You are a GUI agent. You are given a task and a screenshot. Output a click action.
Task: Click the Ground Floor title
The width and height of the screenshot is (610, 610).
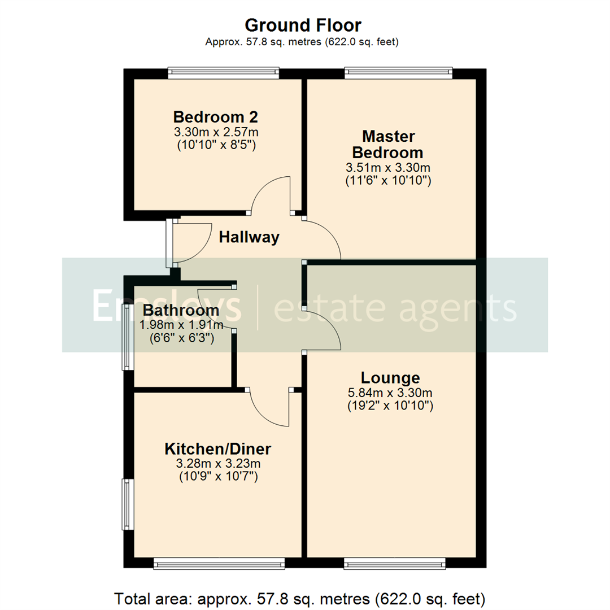click(x=303, y=25)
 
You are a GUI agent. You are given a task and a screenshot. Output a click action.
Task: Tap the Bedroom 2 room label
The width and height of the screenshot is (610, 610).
click(x=216, y=117)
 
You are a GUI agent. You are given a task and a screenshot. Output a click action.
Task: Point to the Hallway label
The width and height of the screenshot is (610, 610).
click(x=249, y=237)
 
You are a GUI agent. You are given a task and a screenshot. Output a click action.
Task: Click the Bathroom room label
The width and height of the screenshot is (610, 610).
click(x=181, y=310)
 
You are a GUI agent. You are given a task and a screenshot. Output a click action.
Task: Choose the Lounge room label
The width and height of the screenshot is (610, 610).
click(x=391, y=378)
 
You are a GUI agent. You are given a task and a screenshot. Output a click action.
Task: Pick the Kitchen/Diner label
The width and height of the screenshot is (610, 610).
click(x=218, y=449)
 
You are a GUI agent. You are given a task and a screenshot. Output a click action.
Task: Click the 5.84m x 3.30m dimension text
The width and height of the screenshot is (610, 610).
click(x=390, y=393)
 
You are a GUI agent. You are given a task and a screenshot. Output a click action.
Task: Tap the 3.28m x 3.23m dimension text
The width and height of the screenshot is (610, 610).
click(x=218, y=464)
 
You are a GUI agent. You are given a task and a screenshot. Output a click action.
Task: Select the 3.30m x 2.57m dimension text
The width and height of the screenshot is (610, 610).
click(x=216, y=132)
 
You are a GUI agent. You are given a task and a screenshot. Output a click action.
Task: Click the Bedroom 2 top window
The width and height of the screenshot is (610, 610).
click(x=223, y=72)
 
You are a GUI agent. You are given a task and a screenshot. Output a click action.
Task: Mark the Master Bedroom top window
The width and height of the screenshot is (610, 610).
click(x=399, y=72)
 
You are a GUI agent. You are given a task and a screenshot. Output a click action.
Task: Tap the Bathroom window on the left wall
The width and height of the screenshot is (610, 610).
click(x=127, y=337)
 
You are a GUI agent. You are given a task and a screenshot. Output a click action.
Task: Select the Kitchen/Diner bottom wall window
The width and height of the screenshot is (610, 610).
click(x=219, y=563)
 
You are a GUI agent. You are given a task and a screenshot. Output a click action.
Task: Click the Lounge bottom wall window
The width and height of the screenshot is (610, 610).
click(x=394, y=563)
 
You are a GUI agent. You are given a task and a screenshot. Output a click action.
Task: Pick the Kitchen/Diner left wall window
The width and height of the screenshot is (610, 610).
click(x=127, y=504)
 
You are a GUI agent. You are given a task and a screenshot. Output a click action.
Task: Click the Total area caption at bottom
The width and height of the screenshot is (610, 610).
click(x=299, y=598)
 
